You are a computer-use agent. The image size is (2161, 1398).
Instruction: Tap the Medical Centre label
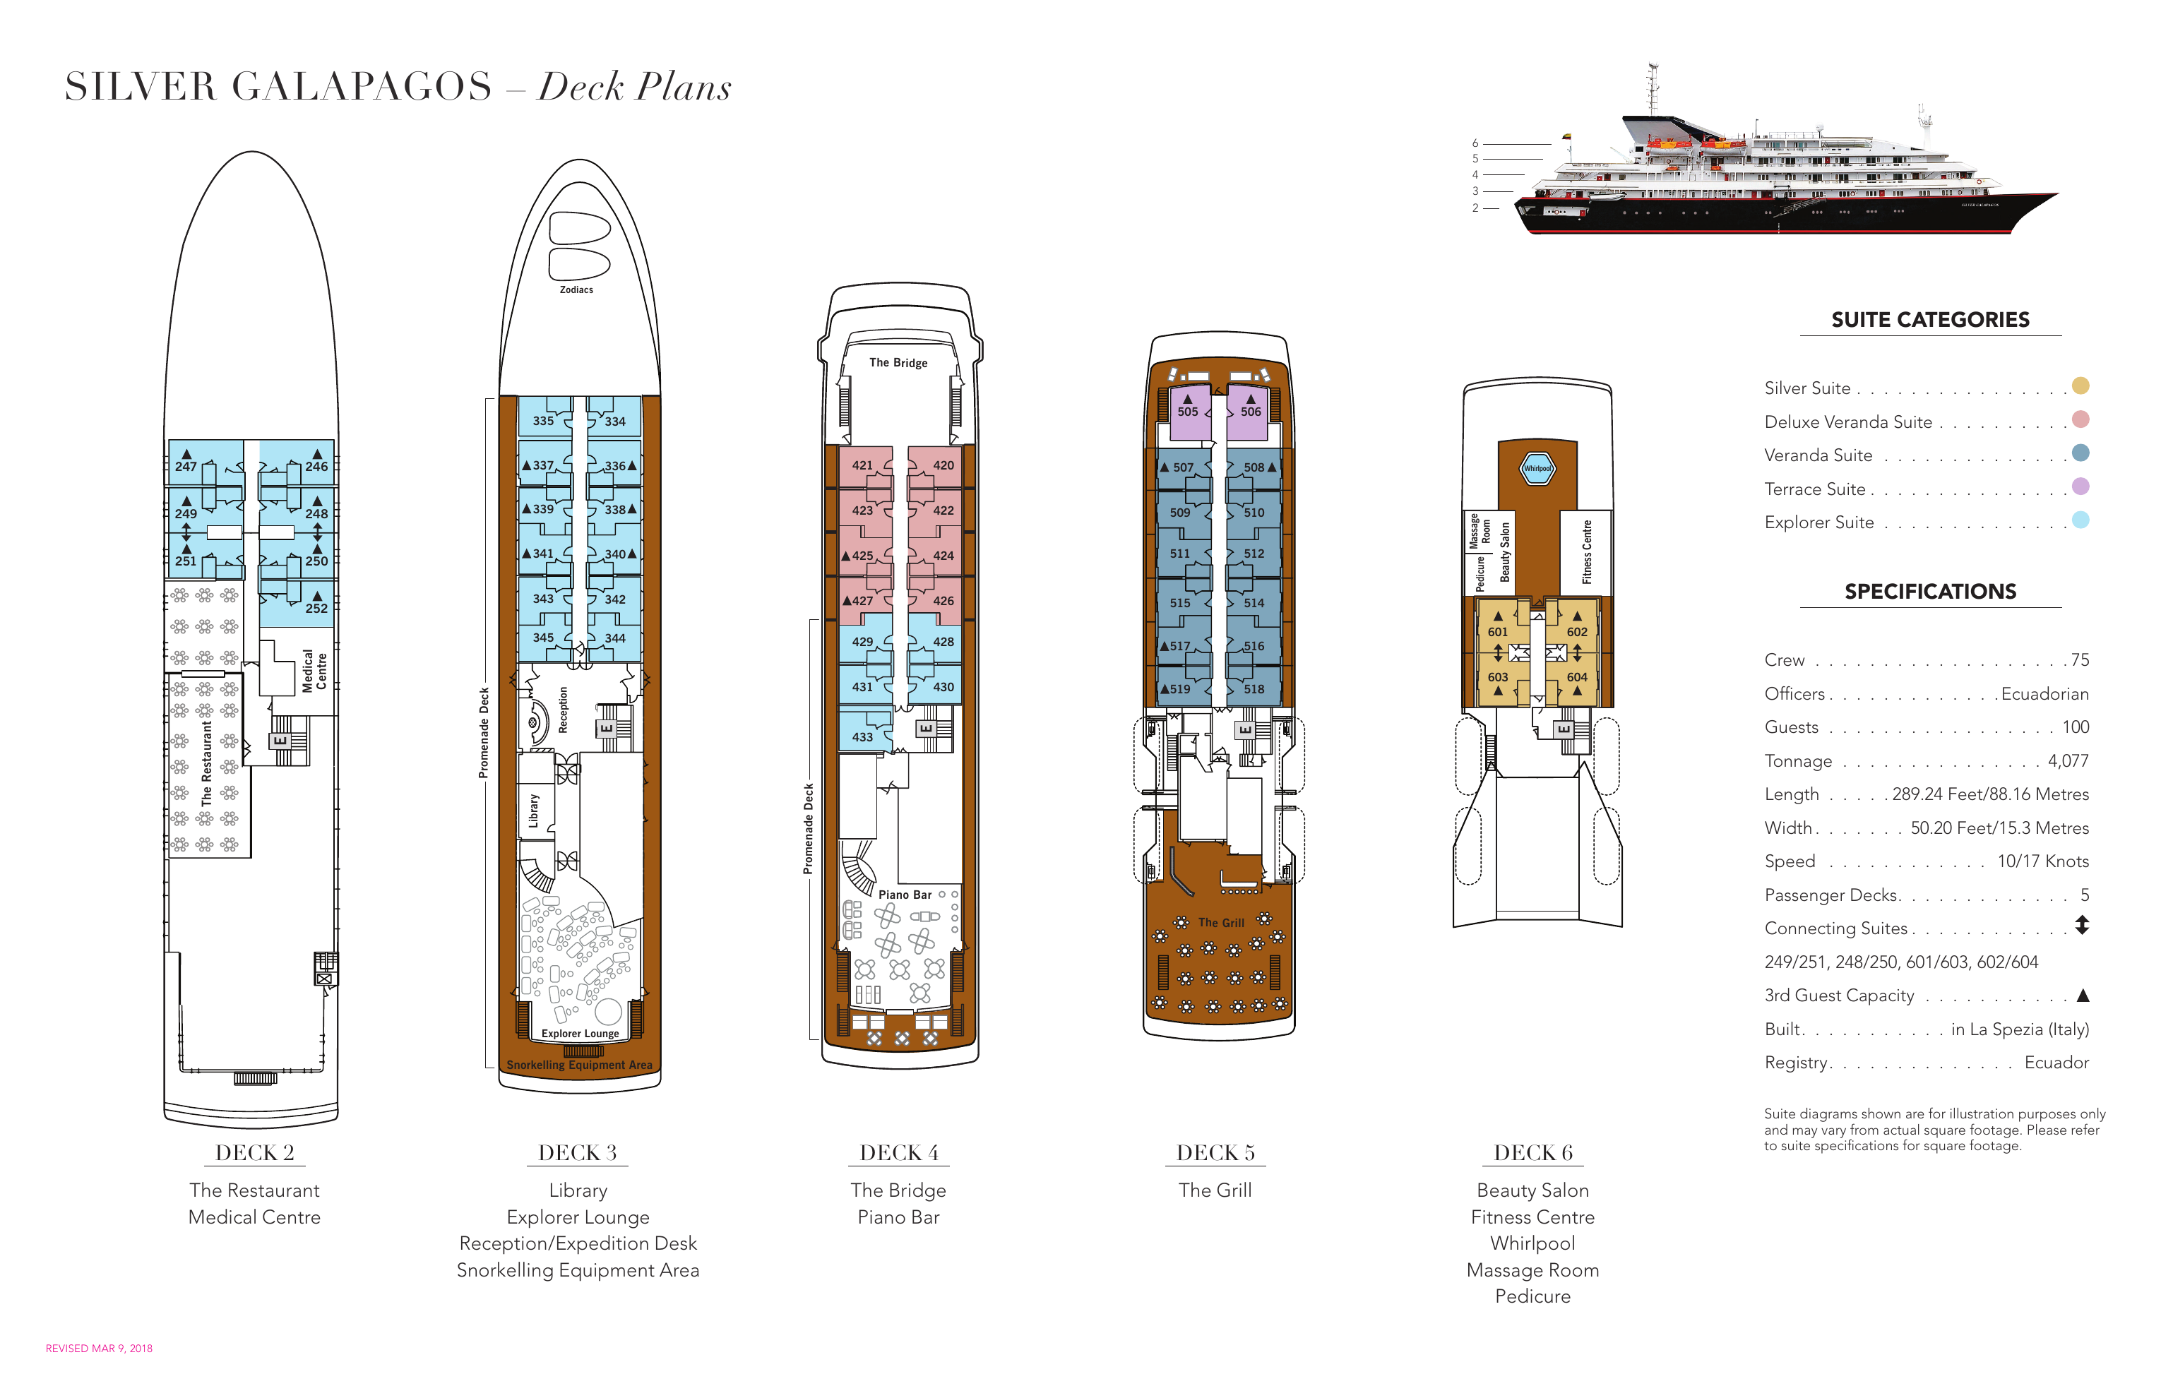click(x=314, y=671)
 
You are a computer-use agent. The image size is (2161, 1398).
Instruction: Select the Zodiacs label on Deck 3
click(x=576, y=289)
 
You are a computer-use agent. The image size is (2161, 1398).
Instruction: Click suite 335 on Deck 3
click(x=543, y=420)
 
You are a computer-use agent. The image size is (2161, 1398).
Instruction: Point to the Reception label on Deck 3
click(x=563, y=710)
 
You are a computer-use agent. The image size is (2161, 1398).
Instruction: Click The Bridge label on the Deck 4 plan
click(x=898, y=362)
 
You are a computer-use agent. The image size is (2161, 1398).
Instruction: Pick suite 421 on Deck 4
click(x=862, y=465)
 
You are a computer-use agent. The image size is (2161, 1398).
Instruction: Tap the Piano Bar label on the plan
click(x=905, y=894)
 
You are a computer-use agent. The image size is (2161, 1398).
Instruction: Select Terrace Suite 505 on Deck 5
click(x=1188, y=411)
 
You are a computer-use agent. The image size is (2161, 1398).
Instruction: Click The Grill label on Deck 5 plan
click(x=1221, y=922)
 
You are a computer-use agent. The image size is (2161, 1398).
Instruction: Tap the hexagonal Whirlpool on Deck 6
click(x=1537, y=468)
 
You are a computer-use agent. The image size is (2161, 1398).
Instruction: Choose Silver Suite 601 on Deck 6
click(x=1497, y=632)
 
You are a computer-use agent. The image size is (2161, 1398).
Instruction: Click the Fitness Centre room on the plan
click(x=1586, y=552)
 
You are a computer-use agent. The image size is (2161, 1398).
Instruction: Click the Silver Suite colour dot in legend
click(x=2080, y=386)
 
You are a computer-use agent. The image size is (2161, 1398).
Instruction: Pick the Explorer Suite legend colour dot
click(x=2080, y=520)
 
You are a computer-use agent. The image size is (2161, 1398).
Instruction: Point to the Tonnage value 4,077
click(x=2068, y=760)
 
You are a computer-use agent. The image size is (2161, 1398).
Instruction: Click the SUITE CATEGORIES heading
click(x=1929, y=320)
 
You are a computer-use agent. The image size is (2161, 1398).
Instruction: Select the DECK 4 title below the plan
click(x=899, y=1153)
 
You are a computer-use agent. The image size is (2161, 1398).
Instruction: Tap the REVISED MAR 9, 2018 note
click(x=99, y=1348)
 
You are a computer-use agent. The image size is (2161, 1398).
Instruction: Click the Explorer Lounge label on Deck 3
click(x=581, y=1033)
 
